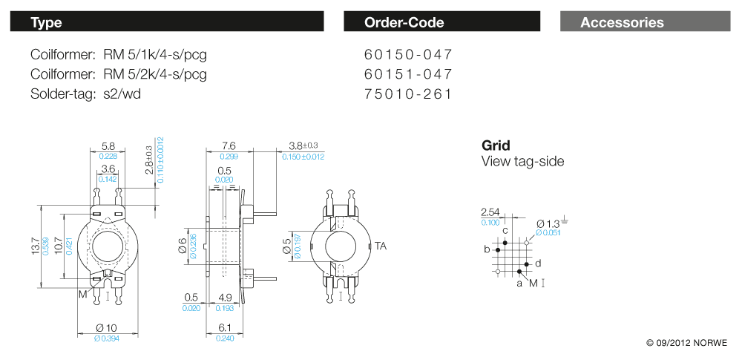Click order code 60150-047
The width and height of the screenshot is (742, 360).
(408, 55)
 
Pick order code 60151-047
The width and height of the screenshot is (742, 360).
(408, 74)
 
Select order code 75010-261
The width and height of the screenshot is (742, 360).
(408, 94)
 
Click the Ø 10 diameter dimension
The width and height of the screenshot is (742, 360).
(107, 329)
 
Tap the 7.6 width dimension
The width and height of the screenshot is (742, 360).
(229, 146)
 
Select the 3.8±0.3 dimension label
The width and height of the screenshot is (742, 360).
(303, 145)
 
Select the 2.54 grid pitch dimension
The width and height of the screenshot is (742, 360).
(490, 213)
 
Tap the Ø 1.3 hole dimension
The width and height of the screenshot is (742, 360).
(548, 223)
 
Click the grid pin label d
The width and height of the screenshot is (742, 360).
(538, 264)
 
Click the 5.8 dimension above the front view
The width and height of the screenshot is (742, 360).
(108, 146)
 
